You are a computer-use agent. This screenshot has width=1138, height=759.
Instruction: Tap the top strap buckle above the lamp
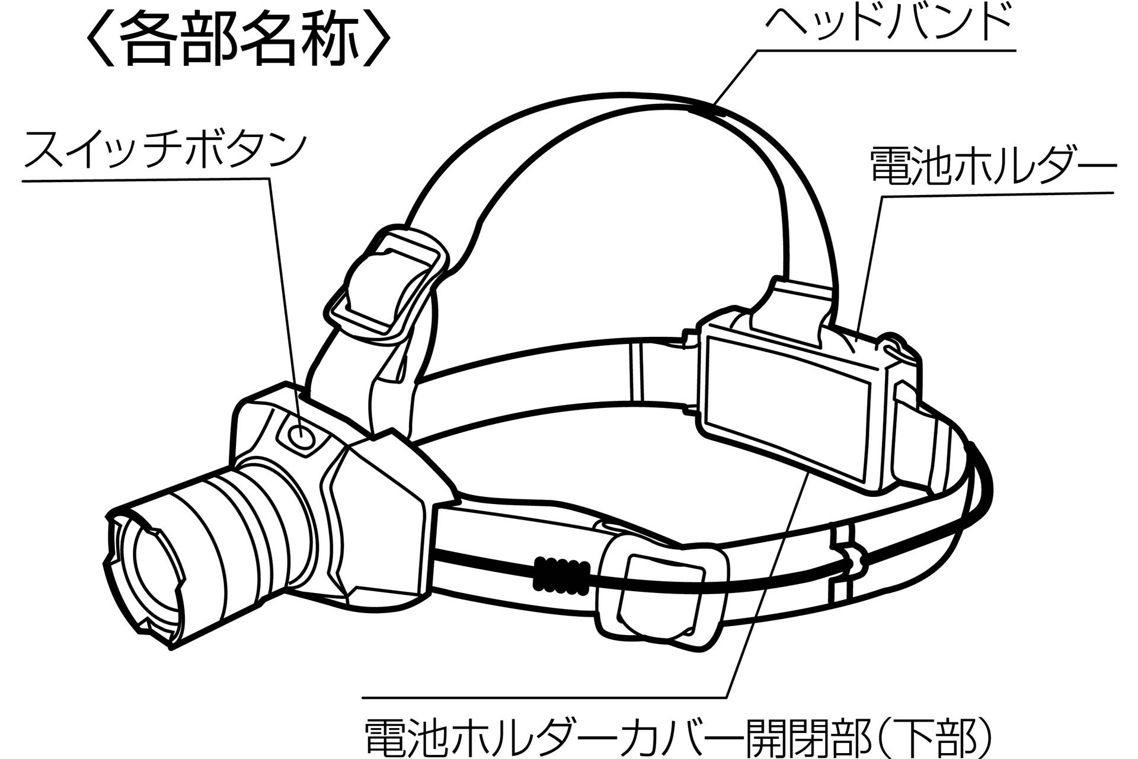385,285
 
